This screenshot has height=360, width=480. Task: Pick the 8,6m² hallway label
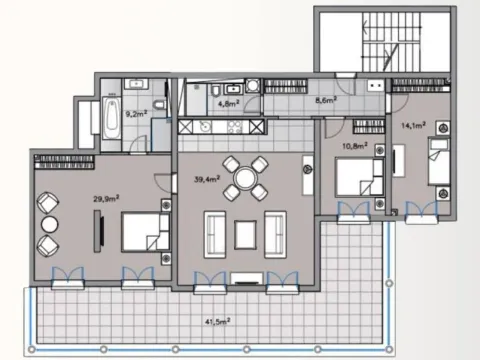pos(326,101)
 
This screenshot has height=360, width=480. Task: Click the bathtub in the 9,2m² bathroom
pos(108,119)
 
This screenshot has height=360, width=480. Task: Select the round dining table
pos(244,179)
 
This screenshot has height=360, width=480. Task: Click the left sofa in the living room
pos(214,234)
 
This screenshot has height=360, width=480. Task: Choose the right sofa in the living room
pos(276,234)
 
